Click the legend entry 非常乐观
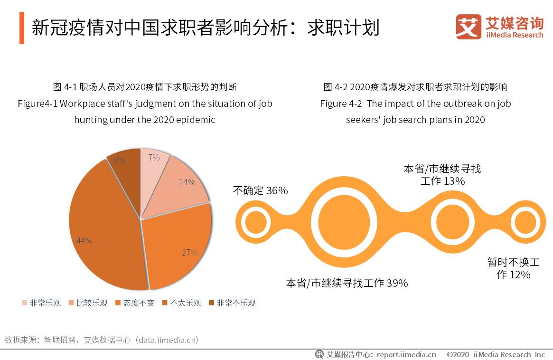[41, 303]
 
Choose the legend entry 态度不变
[135, 303]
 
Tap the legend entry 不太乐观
[181, 303]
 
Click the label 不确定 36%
[260, 191]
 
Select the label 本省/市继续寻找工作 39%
[347, 284]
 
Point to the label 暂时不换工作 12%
[513, 268]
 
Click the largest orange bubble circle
[344, 222]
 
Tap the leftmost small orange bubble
[256, 222]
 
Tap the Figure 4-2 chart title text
[415, 103]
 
